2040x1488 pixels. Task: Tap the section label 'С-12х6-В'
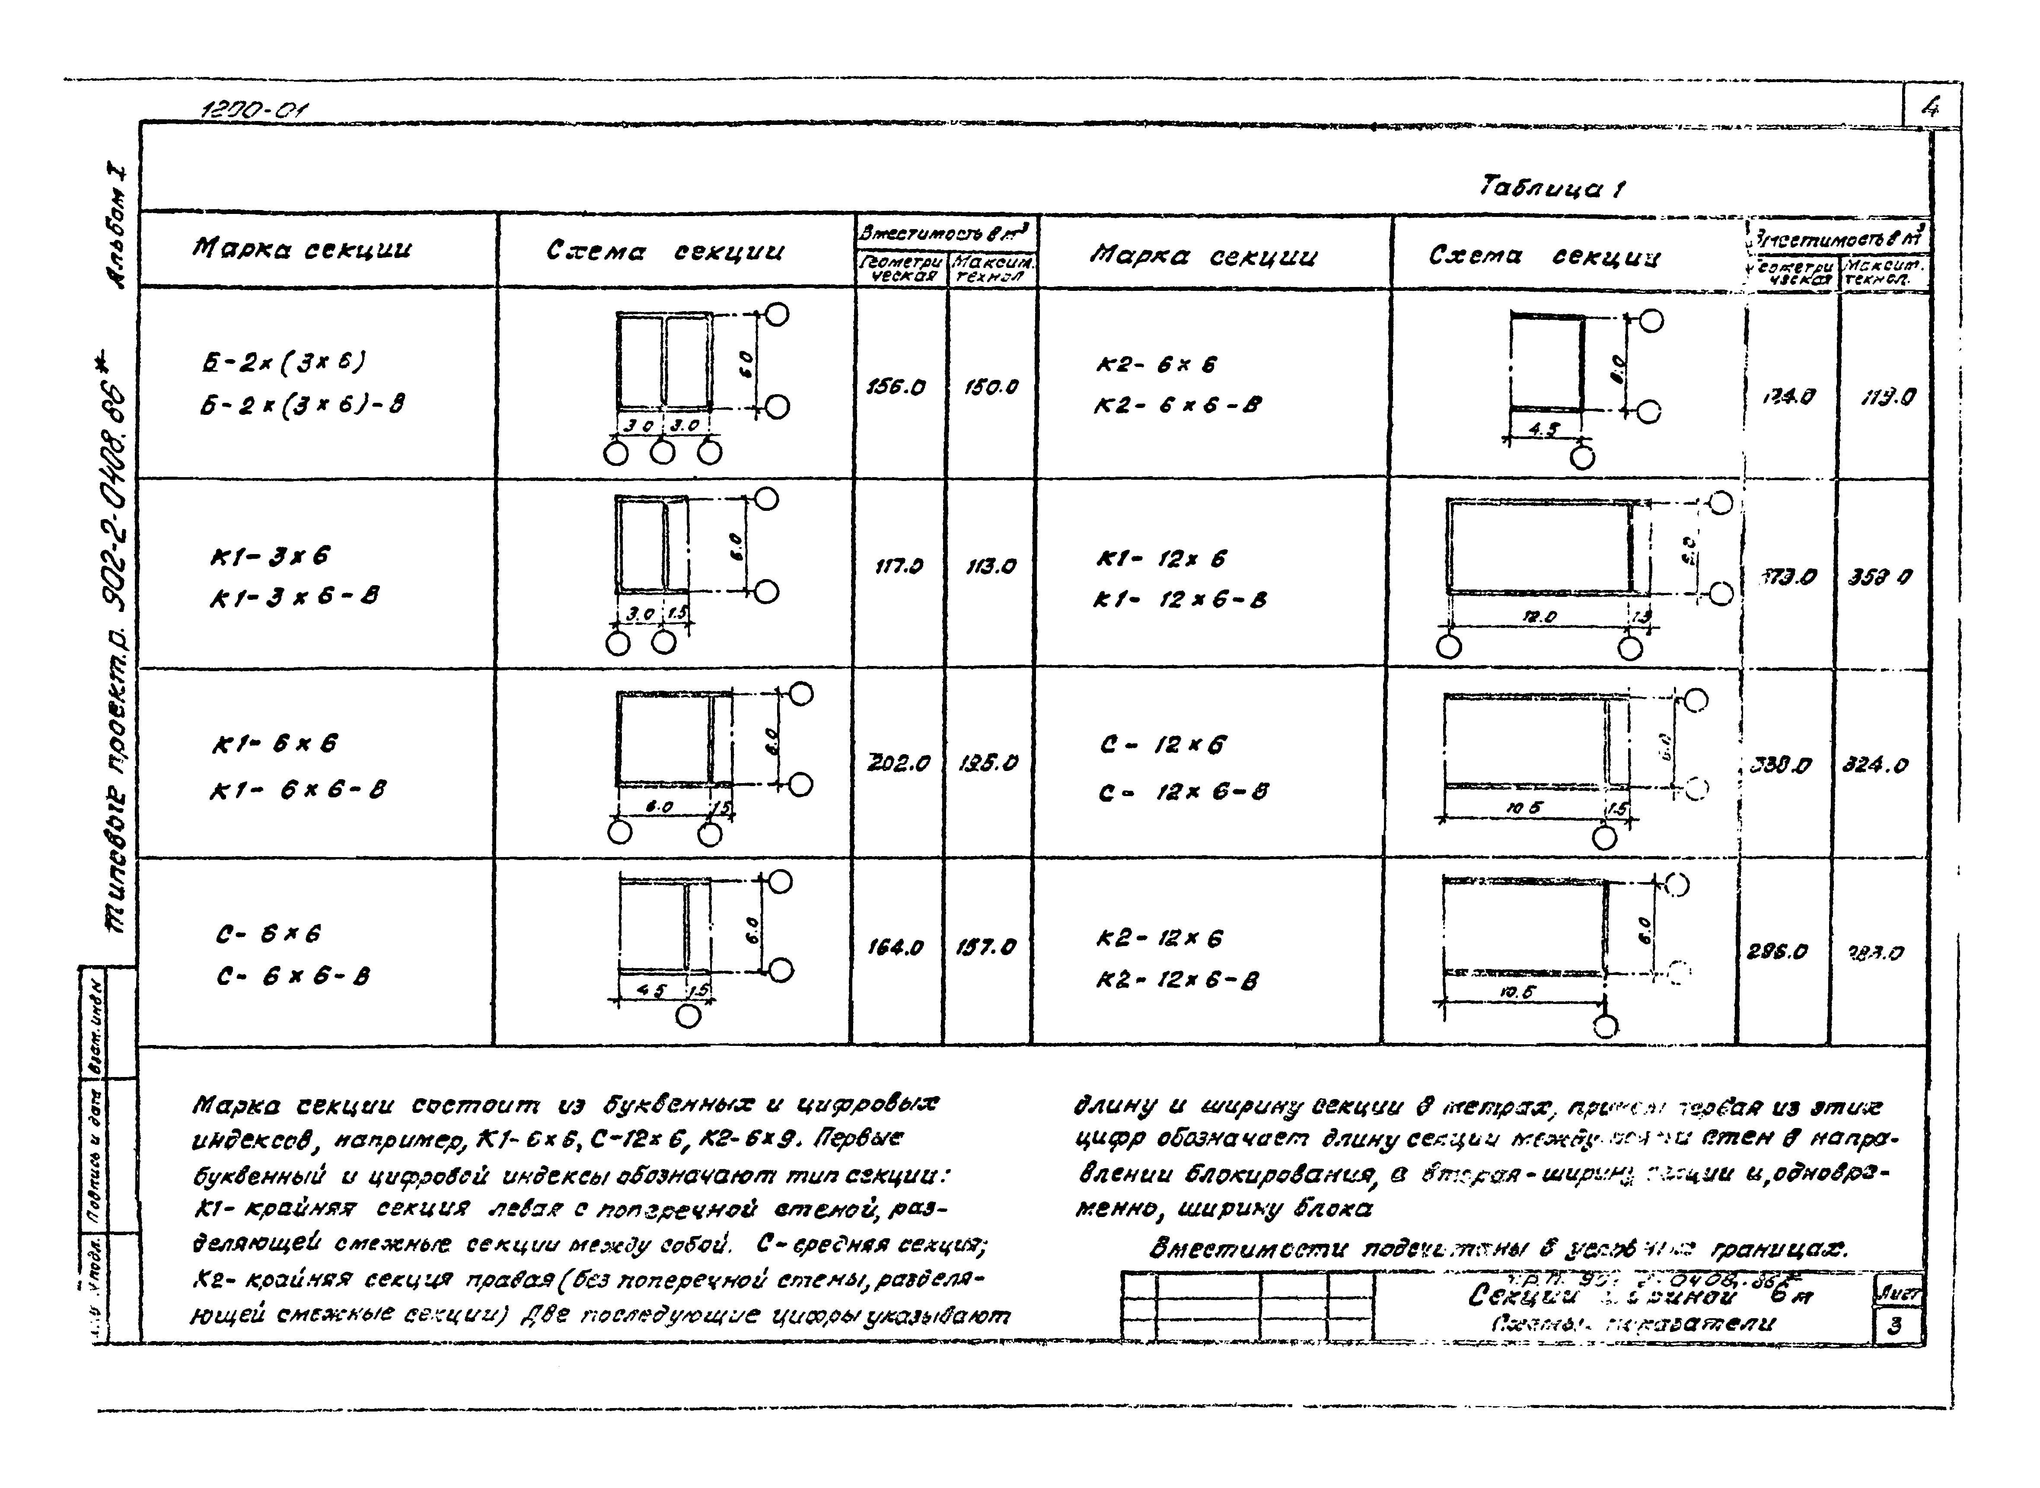coord(1183,792)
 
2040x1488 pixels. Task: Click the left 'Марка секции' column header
coord(302,249)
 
